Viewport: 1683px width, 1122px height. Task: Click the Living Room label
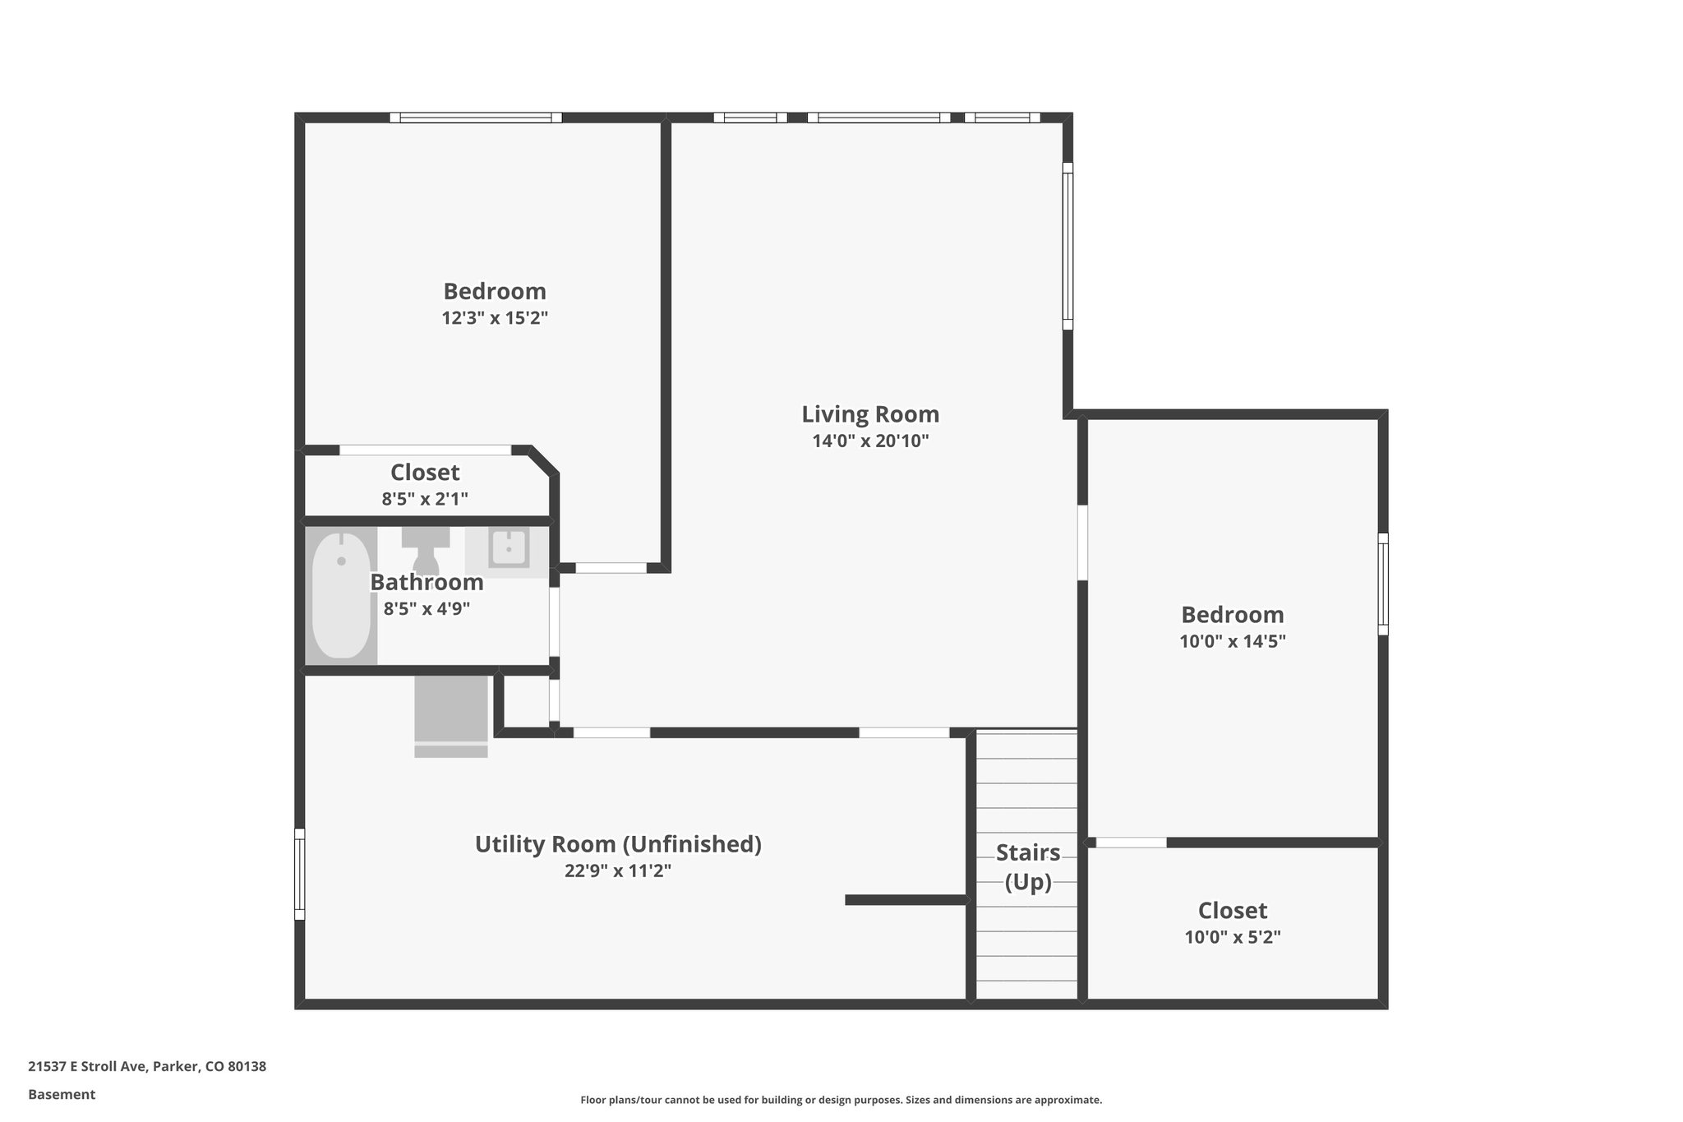pos(870,413)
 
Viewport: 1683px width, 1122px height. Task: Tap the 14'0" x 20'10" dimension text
pos(870,441)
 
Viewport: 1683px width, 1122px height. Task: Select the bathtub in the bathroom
pos(341,595)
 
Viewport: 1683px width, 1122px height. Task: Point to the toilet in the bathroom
pos(426,551)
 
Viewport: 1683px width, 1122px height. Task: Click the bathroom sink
pos(508,548)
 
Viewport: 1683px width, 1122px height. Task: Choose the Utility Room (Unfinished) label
pos(618,844)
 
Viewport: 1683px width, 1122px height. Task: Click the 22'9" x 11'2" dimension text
pos(618,870)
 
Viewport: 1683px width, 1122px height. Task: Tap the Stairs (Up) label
pos(1028,867)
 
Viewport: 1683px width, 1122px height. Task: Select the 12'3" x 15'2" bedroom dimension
pos(495,318)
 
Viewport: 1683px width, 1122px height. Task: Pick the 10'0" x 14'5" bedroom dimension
pos(1233,641)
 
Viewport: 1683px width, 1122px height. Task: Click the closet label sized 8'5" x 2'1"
pos(425,473)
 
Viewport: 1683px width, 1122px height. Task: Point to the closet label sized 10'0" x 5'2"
pos(1233,911)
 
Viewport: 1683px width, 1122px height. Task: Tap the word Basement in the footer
pos(62,1094)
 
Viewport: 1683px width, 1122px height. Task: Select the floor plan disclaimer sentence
pos(841,1100)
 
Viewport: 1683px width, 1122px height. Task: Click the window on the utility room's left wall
pos(300,874)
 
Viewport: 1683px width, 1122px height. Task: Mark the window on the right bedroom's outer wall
pos(1383,584)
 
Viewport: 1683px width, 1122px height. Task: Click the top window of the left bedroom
pos(476,118)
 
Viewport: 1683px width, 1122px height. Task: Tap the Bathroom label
pos(427,582)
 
